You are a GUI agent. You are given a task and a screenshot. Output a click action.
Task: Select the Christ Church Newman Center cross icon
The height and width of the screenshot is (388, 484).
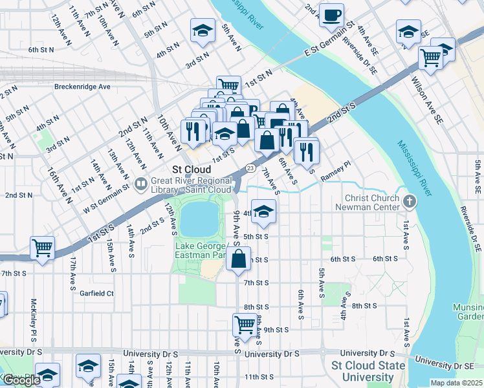click(409, 202)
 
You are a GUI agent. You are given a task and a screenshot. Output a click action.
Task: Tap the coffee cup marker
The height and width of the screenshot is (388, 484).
click(332, 16)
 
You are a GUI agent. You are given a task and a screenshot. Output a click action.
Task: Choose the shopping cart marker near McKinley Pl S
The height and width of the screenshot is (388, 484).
click(42, 248)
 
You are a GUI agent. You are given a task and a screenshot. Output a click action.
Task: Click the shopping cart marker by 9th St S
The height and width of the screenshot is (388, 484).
click(245, 323)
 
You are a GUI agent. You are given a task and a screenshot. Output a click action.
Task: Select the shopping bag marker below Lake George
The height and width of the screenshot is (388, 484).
click(239, 259)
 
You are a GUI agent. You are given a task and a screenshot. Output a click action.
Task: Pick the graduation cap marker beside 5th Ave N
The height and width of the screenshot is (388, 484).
click(203, 30)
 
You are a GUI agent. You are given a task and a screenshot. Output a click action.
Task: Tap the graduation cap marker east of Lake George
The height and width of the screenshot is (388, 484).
click(263, 211)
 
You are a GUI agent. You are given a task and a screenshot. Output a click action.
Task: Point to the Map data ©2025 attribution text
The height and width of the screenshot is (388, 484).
click(456, 383)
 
